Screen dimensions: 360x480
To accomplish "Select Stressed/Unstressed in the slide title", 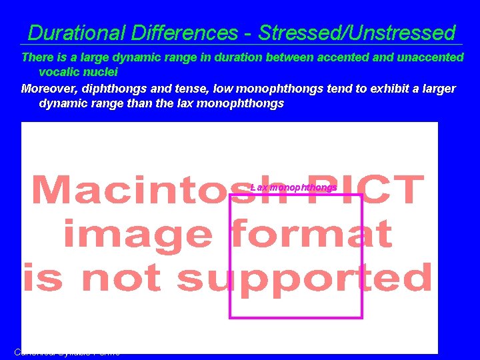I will click(x=357, y=33).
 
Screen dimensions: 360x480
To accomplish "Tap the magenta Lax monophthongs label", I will click(x=293, y=187).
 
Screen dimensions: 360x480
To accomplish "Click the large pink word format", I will click(x=311, y=235).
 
